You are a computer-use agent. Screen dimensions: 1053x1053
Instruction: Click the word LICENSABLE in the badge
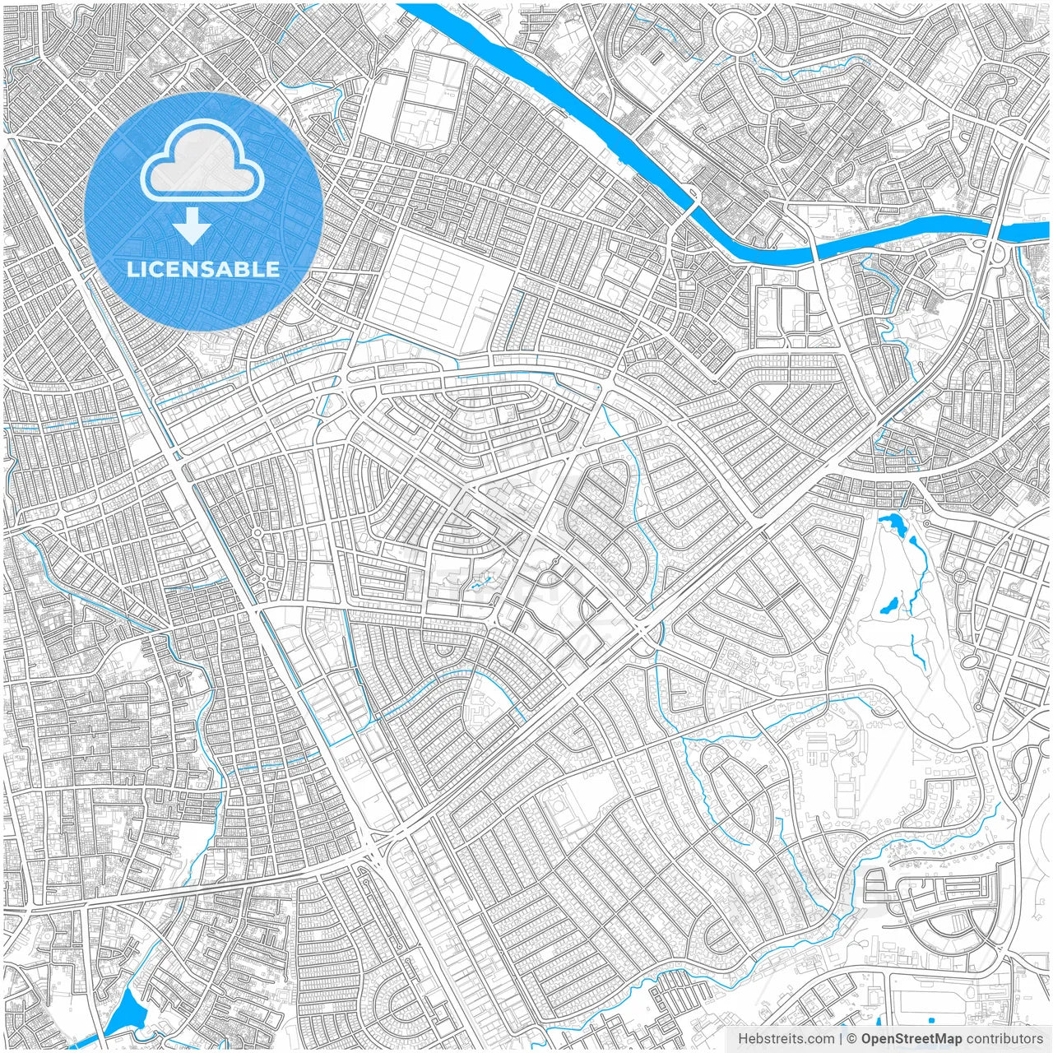coord(202,269)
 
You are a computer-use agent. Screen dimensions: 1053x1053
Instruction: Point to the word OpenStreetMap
coord(911,1039)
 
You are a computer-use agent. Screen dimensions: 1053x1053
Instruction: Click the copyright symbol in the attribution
coord(852,1039)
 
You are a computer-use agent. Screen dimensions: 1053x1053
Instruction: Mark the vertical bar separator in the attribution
coord(840,1039)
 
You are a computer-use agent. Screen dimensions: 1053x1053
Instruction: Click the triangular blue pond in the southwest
coord(126,1014)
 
